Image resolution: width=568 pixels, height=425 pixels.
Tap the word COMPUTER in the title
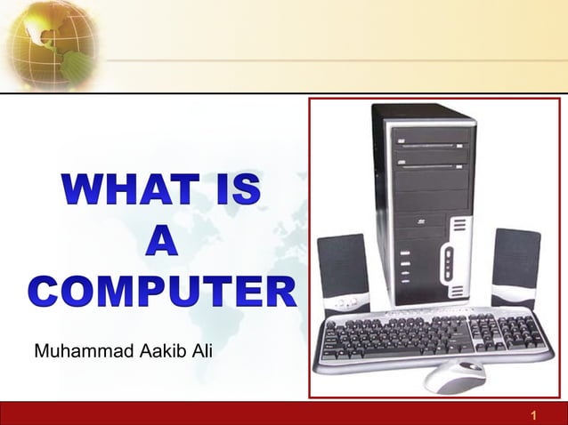pos(161,293)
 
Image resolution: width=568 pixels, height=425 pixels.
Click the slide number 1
pos(532,415)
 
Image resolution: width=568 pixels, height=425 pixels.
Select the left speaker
pos(342,269)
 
